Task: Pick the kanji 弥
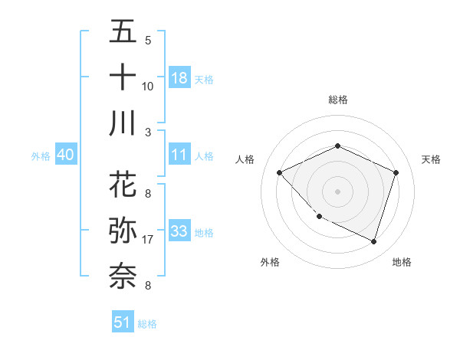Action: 123,231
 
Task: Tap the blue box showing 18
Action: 179,77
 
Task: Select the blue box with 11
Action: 179,155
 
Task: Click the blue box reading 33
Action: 179,231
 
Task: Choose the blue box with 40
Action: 65,155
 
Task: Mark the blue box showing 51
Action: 123,322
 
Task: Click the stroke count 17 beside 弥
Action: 148,240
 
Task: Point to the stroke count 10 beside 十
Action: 148,86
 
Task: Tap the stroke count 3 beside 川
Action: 148,132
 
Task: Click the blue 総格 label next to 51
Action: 147,324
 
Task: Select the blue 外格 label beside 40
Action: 41,156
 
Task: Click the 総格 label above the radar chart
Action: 337,100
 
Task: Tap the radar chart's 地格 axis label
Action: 402,263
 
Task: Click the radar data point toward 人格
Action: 280,172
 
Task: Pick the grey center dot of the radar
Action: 337,191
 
